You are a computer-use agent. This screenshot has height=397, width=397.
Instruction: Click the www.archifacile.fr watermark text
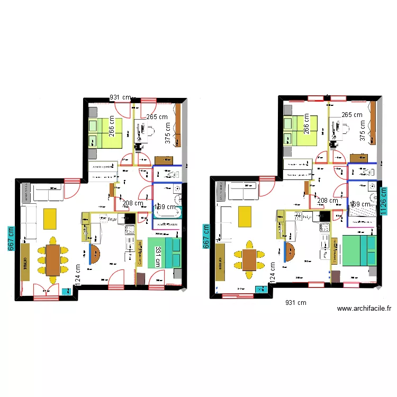click(364, 309)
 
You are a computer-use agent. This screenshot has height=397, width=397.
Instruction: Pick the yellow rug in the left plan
click(50, 218)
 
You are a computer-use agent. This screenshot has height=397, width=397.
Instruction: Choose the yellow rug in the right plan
click(245, 215)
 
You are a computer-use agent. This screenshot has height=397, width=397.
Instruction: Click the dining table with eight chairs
click(52, 259)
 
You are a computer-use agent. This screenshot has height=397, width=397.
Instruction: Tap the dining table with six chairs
click(249, 260)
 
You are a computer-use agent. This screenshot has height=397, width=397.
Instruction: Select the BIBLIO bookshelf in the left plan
click(24, 261)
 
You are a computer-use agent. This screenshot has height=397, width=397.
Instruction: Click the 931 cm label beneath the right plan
click(295, 303)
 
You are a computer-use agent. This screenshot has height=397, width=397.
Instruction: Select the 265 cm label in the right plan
click(352, 114)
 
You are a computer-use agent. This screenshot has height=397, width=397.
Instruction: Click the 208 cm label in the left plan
click(132, 203)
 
